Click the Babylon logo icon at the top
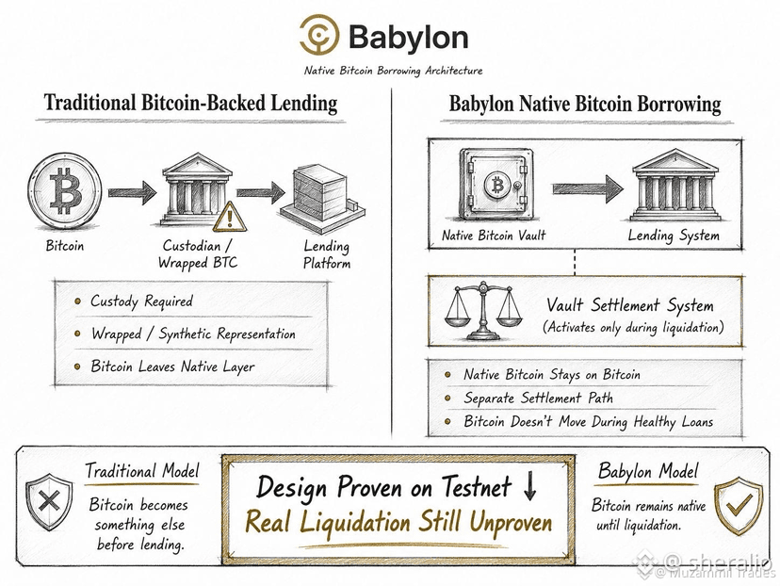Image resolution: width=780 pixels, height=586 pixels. click(319, 34)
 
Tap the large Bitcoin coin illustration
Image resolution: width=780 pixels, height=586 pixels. click(65, 191)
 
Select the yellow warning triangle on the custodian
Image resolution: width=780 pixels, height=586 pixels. click(230, 217)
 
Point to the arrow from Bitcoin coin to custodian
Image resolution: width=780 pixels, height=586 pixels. click(132, 192)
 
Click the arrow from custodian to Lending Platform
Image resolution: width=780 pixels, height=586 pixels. click(261, 192)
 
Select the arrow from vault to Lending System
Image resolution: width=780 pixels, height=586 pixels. click(588, 188)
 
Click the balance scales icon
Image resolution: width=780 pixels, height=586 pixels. click(482, 311)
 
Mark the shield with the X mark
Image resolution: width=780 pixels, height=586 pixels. click(49, 501)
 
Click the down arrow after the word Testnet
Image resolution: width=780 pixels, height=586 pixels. click(529, 486)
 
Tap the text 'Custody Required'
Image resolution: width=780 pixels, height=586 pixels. click(141, 301)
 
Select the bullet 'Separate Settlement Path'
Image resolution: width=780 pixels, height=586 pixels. click(538, 398)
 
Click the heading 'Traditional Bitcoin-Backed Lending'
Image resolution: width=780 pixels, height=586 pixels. click(190, 103)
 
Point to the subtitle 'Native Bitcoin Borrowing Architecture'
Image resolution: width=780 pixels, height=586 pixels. click(393, 71)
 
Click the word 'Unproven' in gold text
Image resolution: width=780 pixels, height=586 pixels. click(511, 522)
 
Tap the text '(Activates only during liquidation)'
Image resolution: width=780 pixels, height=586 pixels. click(633, 327)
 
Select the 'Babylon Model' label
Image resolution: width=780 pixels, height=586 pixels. click(648, 471)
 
